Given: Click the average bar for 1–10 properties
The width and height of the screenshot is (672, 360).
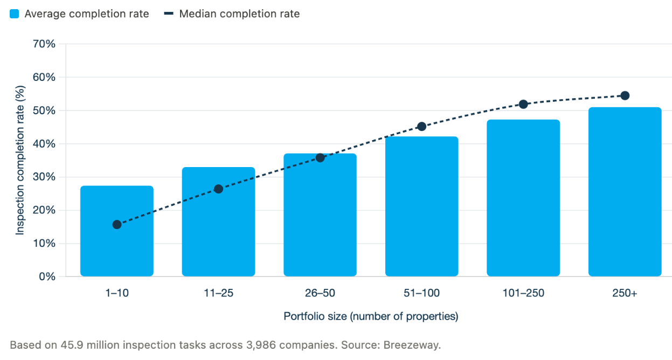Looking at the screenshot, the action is click(x=117, y=231).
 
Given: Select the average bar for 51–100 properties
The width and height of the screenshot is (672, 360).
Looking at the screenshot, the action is click(x=422, y=206).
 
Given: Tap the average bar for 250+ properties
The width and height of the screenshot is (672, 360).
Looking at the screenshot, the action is click(x=625, y=192).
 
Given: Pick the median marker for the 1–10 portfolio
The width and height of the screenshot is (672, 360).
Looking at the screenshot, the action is click(x=117, y=224).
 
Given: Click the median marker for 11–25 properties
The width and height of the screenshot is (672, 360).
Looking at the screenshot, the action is click(x=218, y=189).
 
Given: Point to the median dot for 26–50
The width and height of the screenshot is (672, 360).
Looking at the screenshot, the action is click(x=320, y=158).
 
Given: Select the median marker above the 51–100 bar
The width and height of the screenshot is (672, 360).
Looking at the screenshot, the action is click(x=422, y=127).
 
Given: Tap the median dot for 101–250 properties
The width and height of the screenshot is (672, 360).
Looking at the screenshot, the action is click(x=523, y=105).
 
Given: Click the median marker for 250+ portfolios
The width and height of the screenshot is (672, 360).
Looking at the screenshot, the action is click(x=625, y=96).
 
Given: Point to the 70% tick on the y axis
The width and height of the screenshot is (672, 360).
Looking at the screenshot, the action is click(x=44, y=44).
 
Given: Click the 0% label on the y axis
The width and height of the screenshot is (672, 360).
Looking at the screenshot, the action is click(x=47, y=276).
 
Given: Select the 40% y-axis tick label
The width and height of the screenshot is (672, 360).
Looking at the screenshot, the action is click(x=44, y=144).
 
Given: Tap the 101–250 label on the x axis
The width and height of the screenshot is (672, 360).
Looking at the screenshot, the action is click(x=523, y=293).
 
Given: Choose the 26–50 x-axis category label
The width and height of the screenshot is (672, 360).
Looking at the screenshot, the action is click(x=320, y=293).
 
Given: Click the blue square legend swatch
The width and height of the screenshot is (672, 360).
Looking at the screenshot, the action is click(x=15, y=14).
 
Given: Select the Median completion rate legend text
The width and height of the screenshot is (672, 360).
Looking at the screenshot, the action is click(x=239, y=14).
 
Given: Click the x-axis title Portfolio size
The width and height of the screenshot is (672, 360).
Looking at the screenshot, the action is click(x=371, y=316).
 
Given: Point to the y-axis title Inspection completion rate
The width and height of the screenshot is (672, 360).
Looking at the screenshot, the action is click(x=20, y=160).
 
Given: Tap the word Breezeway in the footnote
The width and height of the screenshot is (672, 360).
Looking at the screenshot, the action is click(x=412, y=345).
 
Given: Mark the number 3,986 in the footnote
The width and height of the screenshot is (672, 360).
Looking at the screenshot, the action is click(x=261, y=345).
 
